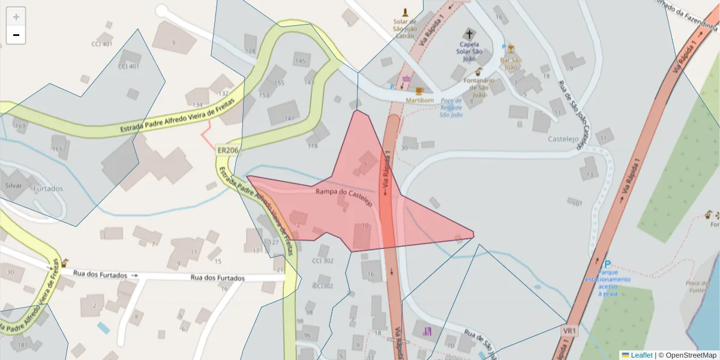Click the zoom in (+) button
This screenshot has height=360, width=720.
tap(16, 17)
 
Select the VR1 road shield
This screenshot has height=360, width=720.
tap(569, 331)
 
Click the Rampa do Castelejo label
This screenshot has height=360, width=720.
tap(344, 196)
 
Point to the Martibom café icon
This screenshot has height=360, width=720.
tap(419, 91)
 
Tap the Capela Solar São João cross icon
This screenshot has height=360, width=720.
tap(467, 34)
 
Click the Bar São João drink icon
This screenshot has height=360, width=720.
tap(511, 49)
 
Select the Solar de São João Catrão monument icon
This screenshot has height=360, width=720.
tap(405, 13)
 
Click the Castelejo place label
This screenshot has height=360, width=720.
tap(562, 139)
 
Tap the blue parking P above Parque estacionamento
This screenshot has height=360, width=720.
tap(607, 264)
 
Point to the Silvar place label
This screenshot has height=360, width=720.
tap(13, 185)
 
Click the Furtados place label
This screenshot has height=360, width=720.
tap(48, 188)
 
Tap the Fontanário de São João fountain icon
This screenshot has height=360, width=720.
tap(478, 71)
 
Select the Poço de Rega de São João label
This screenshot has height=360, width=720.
tap(451, 107)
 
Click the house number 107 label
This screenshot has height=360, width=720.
tap(577, 203)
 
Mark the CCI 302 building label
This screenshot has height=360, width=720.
tap(323, 261)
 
